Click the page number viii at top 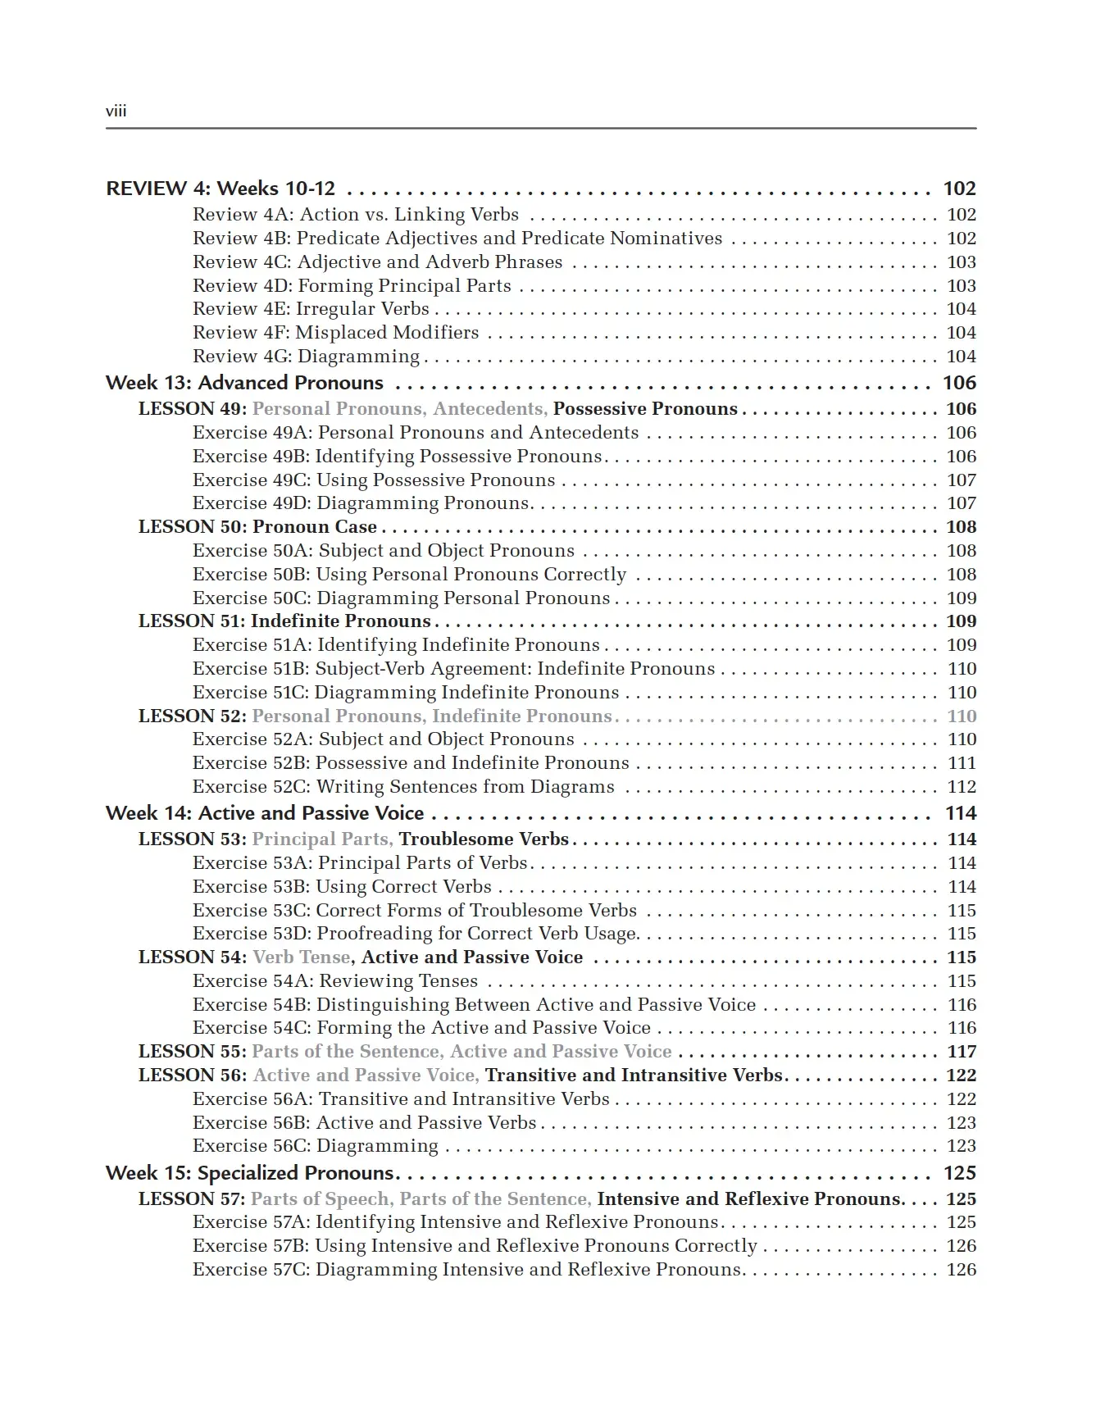coord(116,111)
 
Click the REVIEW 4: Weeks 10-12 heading coord(221,189)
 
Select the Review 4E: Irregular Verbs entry coord(311,309)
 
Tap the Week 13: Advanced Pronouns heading coord(244,383)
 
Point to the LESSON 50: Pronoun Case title coord(257,527)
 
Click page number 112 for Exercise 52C coord(962,787)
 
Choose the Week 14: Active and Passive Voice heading coord(265,813)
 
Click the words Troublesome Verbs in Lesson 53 coord(484,839)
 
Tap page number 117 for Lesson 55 coord(962,1052)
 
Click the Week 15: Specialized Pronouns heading coord(250,1173)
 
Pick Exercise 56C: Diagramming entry coord(316,1146)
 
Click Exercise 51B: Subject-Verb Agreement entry coord(453,669)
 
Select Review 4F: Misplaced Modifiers coord(335,333)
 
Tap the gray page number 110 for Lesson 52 coord(962,716)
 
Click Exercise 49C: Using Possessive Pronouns coord(374,480)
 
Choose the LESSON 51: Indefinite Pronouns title coord(284,621)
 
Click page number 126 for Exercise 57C coord(962,1270)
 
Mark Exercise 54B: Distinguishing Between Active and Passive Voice coord(474,1005)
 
